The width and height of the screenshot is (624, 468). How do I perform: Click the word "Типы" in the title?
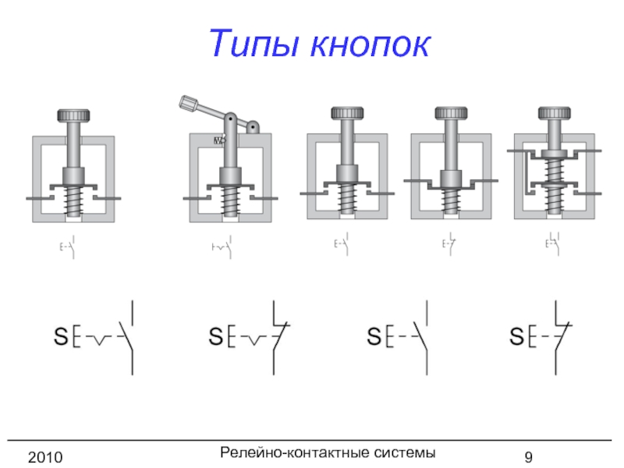[x=257, y=44]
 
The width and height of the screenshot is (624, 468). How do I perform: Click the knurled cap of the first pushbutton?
[x=75, y=116]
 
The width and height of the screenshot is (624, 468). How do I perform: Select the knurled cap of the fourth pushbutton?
[x=451, y=113]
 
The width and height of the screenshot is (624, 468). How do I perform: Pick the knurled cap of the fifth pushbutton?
[x=554, y=113]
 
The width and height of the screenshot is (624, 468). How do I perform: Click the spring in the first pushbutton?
[x=75, y=203]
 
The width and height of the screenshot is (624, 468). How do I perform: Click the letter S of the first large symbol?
[x=59, y=338]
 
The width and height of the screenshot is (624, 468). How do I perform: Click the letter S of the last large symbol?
[x=516, y=338]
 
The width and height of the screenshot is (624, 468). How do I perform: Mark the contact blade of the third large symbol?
[x=421, y=337]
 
